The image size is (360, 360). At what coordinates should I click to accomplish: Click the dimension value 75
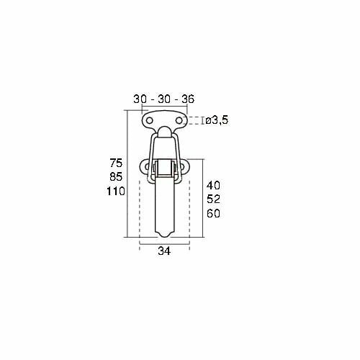click(116, 163)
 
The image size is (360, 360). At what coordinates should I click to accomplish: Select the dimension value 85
click(116, 176)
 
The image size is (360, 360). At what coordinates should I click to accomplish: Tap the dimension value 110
click(116, 192)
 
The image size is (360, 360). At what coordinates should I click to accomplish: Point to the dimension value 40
click(213, 185)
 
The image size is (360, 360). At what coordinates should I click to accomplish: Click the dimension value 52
click(213, 199)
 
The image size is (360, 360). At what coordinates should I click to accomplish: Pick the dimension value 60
click(213, 213)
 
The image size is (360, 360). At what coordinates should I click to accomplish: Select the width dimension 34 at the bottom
click(164, 251)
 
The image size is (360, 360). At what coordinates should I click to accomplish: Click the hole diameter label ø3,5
click(217, 120)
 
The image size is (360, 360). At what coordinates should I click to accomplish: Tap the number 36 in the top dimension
click(188, 99)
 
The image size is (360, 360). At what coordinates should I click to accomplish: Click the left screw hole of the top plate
click(150, 120)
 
